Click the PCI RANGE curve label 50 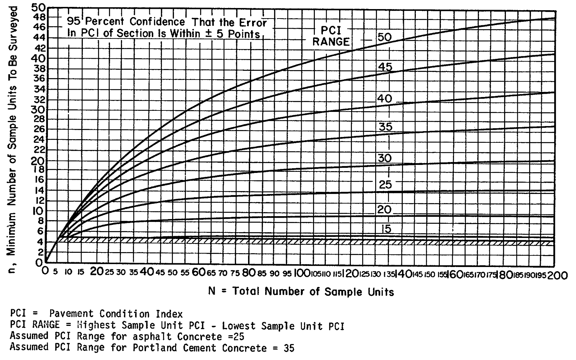385,37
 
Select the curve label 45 385,67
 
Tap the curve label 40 385,99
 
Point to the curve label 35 385,127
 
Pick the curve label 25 385,185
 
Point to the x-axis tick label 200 557,276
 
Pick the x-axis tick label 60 199,273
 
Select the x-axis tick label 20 97,273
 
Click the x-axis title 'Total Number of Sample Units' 313,292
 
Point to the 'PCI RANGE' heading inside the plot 331,36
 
